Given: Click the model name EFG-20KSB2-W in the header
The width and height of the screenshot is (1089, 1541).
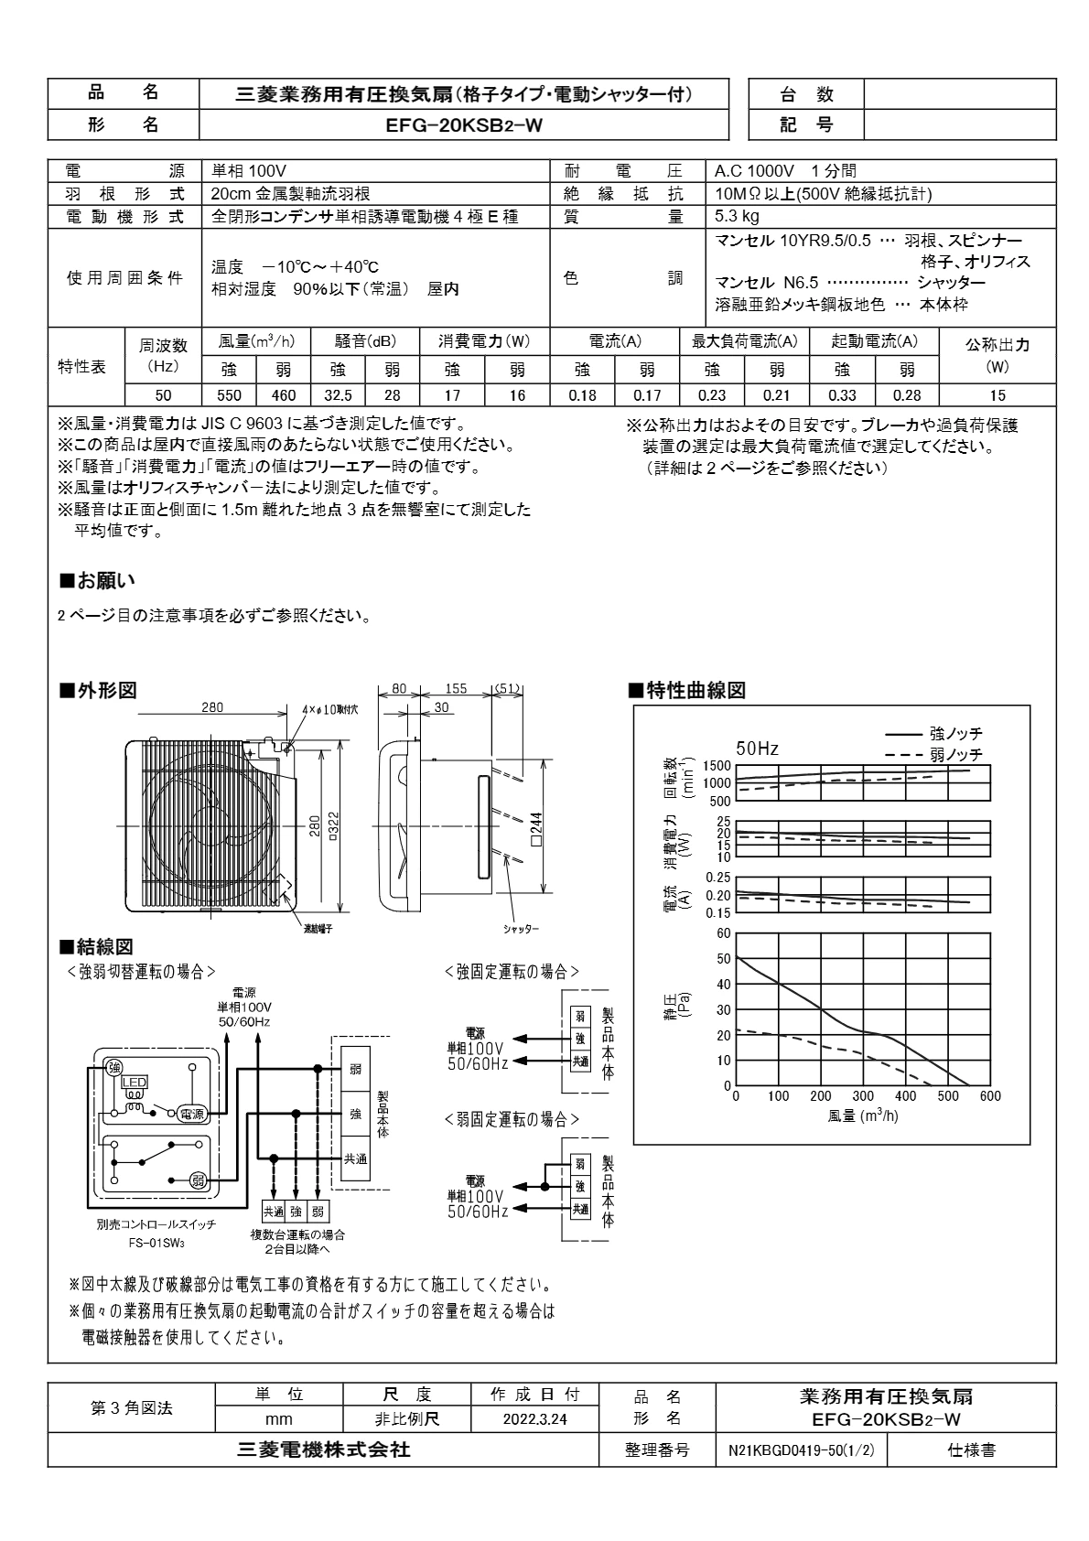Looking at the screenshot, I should pos(464,126).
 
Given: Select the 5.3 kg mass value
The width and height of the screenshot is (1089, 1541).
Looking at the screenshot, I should pos(737,217).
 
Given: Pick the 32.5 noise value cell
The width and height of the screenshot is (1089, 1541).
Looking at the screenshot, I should pos(338,395).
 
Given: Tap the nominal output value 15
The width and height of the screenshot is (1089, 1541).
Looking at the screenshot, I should pos(997,395).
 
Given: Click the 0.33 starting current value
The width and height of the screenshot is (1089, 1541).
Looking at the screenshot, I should pos(842,395).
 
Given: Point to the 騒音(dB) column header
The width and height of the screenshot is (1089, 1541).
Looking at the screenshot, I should pos(365,341).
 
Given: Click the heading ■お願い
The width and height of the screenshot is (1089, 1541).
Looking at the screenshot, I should pos(96,580).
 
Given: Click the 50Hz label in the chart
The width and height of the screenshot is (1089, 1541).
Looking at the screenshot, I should pos(757,749).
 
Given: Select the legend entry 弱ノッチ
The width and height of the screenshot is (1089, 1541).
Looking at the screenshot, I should pos(955,754).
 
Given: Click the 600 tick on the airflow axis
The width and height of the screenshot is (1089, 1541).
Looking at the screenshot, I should pos(990,1096).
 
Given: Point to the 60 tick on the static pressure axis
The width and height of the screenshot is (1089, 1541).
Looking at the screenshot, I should pos(724,933).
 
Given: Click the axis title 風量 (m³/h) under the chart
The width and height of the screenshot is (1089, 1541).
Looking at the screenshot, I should pos(863,1116).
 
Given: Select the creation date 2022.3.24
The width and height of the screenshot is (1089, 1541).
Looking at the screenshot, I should pos(534,1419).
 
